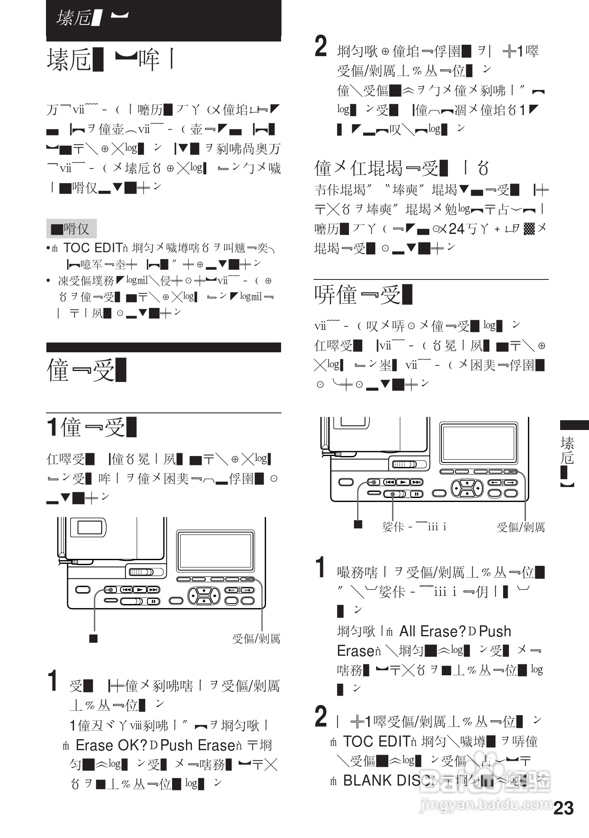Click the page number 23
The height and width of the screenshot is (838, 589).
(x=564, y=808)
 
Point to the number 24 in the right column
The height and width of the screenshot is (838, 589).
(x=456, y=229)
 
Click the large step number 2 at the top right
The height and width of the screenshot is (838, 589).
(x=321, y=47)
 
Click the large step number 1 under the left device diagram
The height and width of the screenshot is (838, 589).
(x=52, y=680)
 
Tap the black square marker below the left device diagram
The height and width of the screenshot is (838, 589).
(x=94, y=638)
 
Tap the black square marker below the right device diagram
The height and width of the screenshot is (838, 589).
(x=358, y=524)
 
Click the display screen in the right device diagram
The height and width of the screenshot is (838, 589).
(x=479, y=443)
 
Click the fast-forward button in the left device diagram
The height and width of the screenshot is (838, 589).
(x=153, y=590)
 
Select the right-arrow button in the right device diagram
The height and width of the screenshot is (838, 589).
(x=510, y=482)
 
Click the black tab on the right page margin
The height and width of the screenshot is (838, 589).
(x=574, y=425)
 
